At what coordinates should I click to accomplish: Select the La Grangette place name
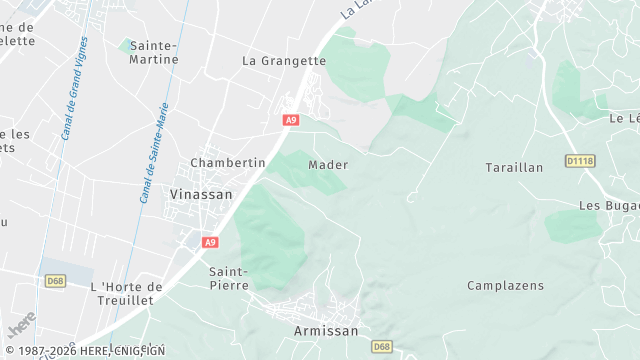click(x=284, y=60)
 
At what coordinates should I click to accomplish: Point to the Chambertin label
click(x=227, y=162)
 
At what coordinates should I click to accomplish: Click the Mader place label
click(x=328, y=165)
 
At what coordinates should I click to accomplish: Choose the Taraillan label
click(x=513, y=167)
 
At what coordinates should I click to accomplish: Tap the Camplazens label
click(x=505, y=285)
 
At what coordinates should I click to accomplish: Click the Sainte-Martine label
click(x=154, y=52)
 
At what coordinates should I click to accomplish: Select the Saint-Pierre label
click(x=228, y=277)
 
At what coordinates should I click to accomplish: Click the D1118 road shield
click(x=579, y=160)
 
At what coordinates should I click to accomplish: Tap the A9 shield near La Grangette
click(x=290, y=120)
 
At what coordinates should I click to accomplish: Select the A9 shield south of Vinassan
click(x=209, y=242)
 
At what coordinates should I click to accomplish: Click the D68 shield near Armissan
click(x=381, y=346)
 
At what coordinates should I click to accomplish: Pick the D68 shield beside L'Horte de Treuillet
click(x=55, y=281)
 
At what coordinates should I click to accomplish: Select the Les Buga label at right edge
click(x=608, y=205)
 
